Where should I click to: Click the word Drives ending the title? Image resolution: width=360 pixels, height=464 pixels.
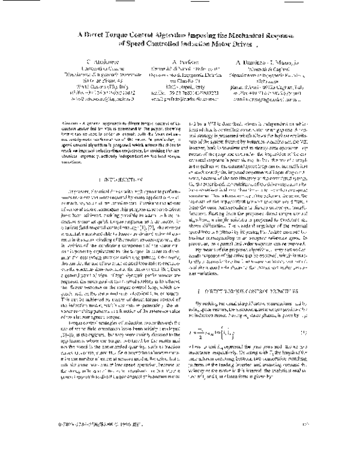pyautogui.click(x=233, y=43)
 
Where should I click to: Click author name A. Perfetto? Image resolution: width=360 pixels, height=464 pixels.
pyautogui.click(x=181, y=62)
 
